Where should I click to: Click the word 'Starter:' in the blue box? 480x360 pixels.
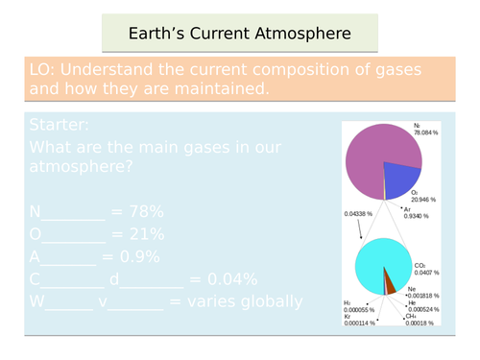[60, 126]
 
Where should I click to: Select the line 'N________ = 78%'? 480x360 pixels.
[97, 210]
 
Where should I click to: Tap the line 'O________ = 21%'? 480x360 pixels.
[97, 233]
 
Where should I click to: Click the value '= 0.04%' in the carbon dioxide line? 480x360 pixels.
[224, 279]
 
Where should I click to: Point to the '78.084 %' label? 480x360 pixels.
[426, 134]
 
